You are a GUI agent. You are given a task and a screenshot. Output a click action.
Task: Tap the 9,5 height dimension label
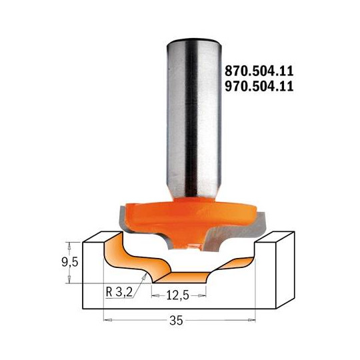(x=76, y=258)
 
